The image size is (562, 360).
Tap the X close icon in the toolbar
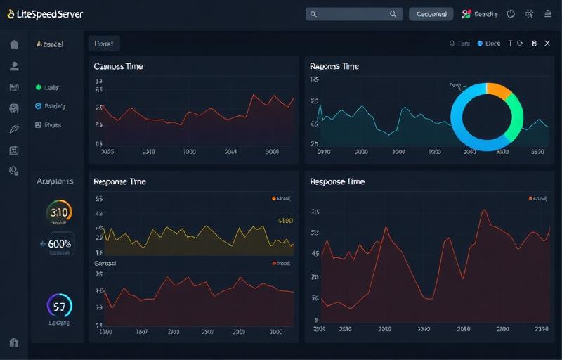coord(547,44)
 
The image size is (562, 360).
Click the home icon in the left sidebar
coord(14,44)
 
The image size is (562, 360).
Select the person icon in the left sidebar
coord(14,66)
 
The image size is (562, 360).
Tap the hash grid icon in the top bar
coord(530,13)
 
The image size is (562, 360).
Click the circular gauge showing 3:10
coord(59,212)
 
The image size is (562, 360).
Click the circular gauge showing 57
coord(59,307)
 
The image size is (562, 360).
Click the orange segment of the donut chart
coord(498,90)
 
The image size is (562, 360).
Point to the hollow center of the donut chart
coord(487,117)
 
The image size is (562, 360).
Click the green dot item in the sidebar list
coord(39,88)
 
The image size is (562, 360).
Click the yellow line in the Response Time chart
coord(204,228)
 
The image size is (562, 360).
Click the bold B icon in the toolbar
coord(534,44)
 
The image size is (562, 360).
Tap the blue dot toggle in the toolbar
coord(481,44)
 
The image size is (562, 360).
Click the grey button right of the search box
coord(431,13)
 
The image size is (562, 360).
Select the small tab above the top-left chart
coord(104,44)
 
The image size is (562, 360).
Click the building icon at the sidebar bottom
coord(14,342)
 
